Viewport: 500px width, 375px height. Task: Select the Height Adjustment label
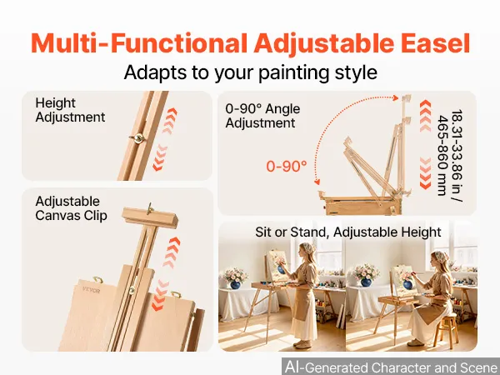70,110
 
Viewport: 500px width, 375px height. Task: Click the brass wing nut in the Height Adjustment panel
138,138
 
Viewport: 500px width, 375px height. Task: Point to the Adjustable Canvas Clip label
71,208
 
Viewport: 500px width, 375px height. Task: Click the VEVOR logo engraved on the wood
91,291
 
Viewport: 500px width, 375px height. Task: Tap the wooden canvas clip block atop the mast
150,217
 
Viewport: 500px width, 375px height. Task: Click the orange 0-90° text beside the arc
287,166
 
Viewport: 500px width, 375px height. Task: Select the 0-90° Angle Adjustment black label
262,116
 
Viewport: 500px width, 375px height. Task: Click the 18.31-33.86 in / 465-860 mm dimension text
449,152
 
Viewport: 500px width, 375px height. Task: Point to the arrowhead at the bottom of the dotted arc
317,182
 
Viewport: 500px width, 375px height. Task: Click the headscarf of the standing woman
308,249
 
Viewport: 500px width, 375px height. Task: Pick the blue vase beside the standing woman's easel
235,284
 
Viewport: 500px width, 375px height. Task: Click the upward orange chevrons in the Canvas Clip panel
172,252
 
